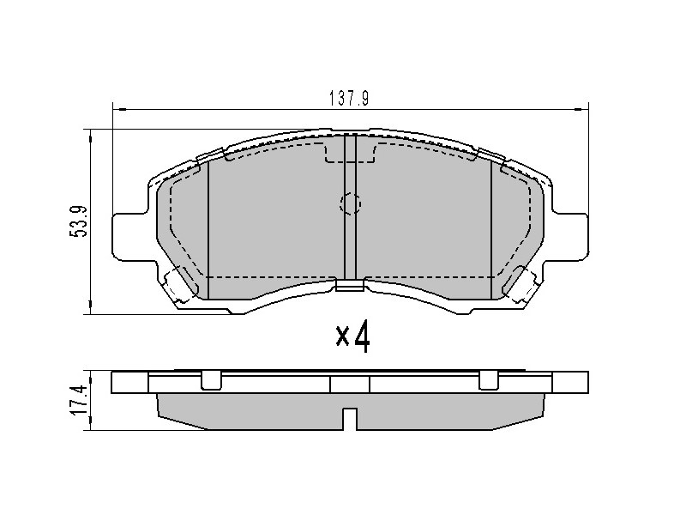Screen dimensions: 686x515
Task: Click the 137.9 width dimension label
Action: pyautogui.click(x=349, y=99)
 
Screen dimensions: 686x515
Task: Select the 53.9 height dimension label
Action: pyautogui.click(x=78, y=221)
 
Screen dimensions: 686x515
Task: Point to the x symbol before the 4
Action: pyautogui.click(x=342, y=336)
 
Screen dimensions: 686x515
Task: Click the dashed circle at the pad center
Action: pyautogui.click(x=351, y=203)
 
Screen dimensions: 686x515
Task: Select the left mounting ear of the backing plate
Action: pyautogui.click(x=129, y=237)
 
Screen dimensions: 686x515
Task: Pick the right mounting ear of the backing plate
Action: pyautogui.click(x=570, y=237)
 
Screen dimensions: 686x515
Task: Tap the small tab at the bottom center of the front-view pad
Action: pyautogui.click(x=350, y=285)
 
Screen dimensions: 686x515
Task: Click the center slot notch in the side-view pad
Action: pyautogui.click(x=350, y=419)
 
